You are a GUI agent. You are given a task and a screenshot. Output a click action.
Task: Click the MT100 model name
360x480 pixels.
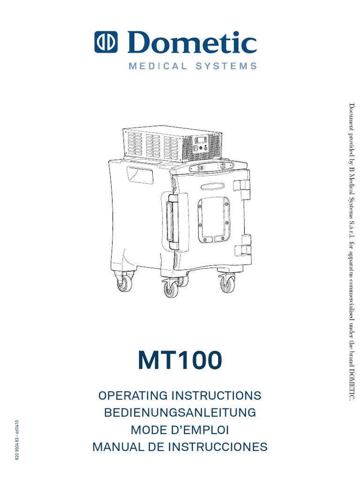click(x=180, y=361)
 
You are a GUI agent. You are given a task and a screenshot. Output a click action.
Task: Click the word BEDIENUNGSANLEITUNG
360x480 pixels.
click(x=180, y=412)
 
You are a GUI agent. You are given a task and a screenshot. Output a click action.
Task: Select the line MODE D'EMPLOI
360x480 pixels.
click(x=180, y=430)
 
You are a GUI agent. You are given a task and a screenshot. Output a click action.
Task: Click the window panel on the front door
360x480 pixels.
click(x=214, y=219)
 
